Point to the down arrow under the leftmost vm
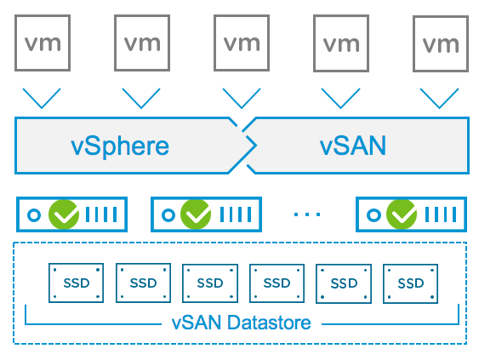point(42,107)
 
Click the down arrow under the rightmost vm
point(440,107)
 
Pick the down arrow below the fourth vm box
point(340,107)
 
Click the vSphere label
point(120,146)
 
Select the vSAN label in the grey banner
point(353,146)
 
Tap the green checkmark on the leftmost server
point(64,214)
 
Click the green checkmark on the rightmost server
point(402,214)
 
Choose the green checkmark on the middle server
point(196,214)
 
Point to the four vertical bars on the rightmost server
point(441,214)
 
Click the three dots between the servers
point(307,214)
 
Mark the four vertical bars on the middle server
point(236,214)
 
